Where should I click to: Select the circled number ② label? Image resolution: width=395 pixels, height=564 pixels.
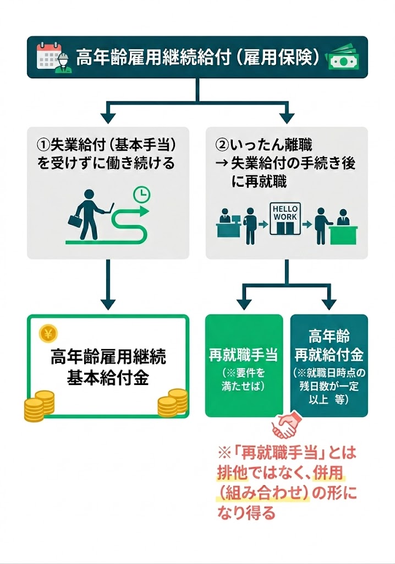coord(222,145)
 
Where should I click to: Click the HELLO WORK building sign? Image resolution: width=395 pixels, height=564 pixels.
coord(284,213)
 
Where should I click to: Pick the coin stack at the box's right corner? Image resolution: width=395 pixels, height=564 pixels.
coord(172,403)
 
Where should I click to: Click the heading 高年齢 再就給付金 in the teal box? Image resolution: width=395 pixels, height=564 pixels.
coord(329,345)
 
